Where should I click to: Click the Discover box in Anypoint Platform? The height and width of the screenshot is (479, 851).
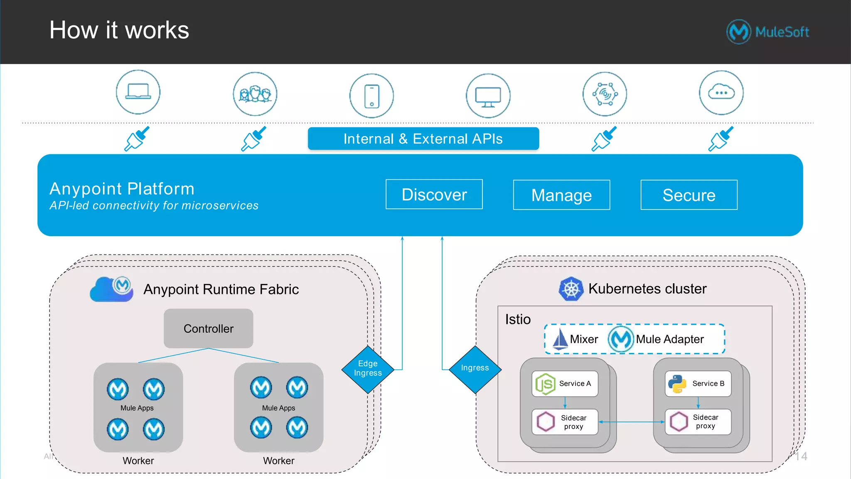point(434,194)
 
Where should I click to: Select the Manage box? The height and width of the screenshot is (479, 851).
point(561,195)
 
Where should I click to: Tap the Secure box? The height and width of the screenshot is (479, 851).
point(689,195)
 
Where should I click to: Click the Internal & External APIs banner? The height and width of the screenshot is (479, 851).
point(423,138)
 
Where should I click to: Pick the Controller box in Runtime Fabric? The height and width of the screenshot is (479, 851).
point(208,328)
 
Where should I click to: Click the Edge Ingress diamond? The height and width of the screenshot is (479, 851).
point(368,369)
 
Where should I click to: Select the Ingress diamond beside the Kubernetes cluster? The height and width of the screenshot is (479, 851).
point(475,368)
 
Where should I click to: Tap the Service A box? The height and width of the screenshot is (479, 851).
point(565,383)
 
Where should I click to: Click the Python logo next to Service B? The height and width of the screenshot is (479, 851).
point(677,384)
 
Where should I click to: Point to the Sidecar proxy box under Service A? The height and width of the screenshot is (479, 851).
point(565,422)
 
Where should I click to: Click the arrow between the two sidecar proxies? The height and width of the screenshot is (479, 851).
point(631,422)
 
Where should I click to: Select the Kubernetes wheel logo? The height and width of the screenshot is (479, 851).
point(571,289)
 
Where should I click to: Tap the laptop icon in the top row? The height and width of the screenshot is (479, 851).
point(138,92)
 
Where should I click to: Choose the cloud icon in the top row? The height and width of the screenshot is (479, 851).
point(721,93)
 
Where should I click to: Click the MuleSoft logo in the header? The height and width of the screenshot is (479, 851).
point(767,32)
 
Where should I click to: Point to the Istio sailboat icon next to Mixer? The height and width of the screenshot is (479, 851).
point(560,339)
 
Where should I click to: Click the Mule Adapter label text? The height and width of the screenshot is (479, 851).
point(669,339)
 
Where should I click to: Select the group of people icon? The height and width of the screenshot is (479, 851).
point(255,94)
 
